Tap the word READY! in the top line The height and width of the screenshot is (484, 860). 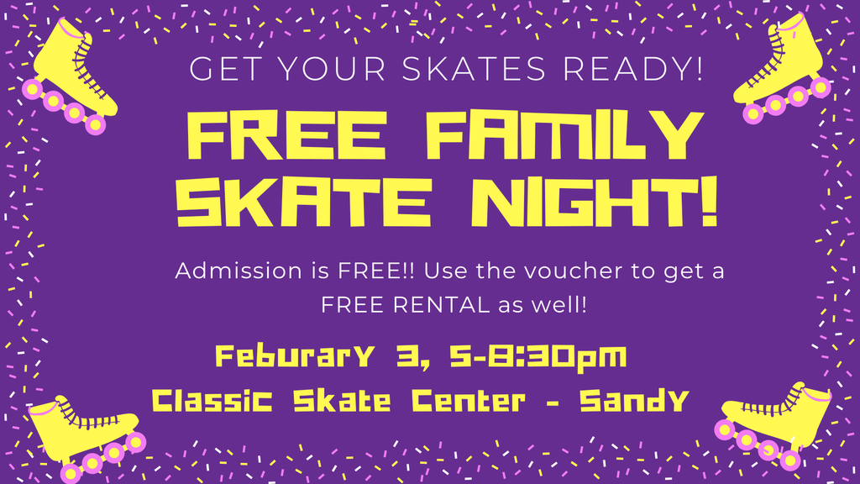[628, 69]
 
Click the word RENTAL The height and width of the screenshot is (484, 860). [437, 304]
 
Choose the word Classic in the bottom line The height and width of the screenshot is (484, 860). [214, 402]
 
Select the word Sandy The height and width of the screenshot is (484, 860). [636, 402]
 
